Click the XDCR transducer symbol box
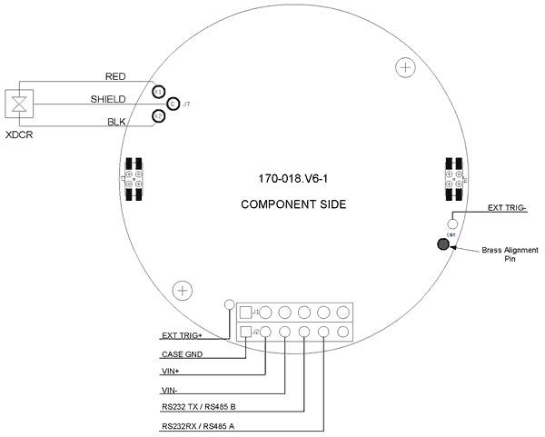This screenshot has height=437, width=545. tap(18, 103)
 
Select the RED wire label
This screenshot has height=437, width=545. tap(115, 76)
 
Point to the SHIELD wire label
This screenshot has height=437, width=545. tap(108, 98)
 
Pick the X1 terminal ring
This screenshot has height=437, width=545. tap(158, 93)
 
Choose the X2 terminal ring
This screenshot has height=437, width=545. tap(158, 116)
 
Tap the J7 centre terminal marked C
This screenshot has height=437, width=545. tap(172, 104)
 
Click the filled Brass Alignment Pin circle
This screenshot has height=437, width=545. tap(444, 244)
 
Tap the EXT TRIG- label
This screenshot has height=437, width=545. tap(508, 208)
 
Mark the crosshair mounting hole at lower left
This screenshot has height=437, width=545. tap(183, 291)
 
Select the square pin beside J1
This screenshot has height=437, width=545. tap(244, 312)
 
